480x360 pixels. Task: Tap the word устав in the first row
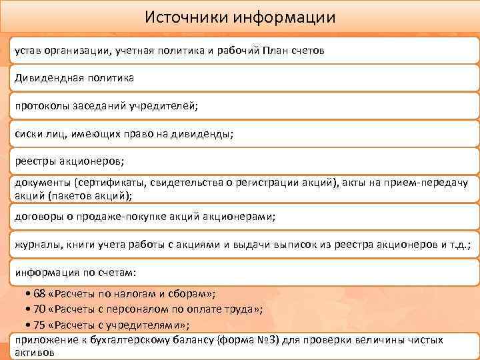(x=29, y=51)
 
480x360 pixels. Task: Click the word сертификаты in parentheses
(x=111, y=183)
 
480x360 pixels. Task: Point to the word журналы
(x=35, y=245)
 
